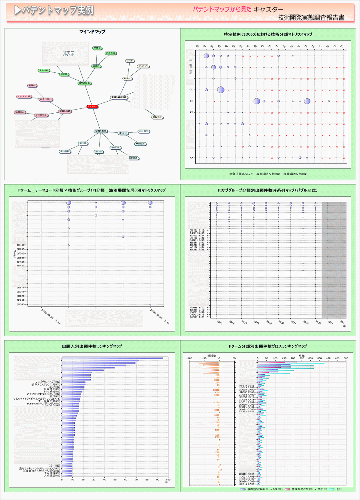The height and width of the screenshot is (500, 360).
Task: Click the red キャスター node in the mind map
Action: [x=92, y=107]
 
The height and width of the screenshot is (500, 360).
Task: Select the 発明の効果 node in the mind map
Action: [x=64, y=111]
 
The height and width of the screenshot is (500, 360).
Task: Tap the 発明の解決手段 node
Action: [x=119, y=98]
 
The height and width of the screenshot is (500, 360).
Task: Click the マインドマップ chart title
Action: [x=92, y=32]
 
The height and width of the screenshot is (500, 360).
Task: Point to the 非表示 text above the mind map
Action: [x=68, y=53]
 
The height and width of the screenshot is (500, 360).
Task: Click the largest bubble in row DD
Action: [x=221, y=90]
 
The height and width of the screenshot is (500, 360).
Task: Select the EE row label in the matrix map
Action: [x=192, y=101]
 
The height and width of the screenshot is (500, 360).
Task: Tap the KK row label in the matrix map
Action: [x=192, y=158]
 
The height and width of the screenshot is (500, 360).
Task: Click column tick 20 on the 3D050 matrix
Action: [x=342, y=46]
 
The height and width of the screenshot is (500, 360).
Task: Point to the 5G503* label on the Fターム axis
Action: [x=21, y=304]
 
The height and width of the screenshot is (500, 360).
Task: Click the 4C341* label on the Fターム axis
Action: [x=21, y=245]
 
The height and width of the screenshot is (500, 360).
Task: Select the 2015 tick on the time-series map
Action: [x=220, y=322]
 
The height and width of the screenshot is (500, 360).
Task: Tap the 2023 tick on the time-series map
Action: [x=318, y=322]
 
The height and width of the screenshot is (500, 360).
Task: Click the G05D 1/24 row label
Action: [x=198, y=317]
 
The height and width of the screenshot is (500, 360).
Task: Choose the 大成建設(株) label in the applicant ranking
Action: [x=51, y=476]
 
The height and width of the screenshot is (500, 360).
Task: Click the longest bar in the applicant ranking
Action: [x=112, y=358]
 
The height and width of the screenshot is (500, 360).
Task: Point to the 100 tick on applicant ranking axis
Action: [x=168, y=480]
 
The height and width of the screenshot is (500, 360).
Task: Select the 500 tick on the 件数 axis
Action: [x=346, y=358]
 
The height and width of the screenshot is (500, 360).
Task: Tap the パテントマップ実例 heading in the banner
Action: [x=54, y=10]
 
